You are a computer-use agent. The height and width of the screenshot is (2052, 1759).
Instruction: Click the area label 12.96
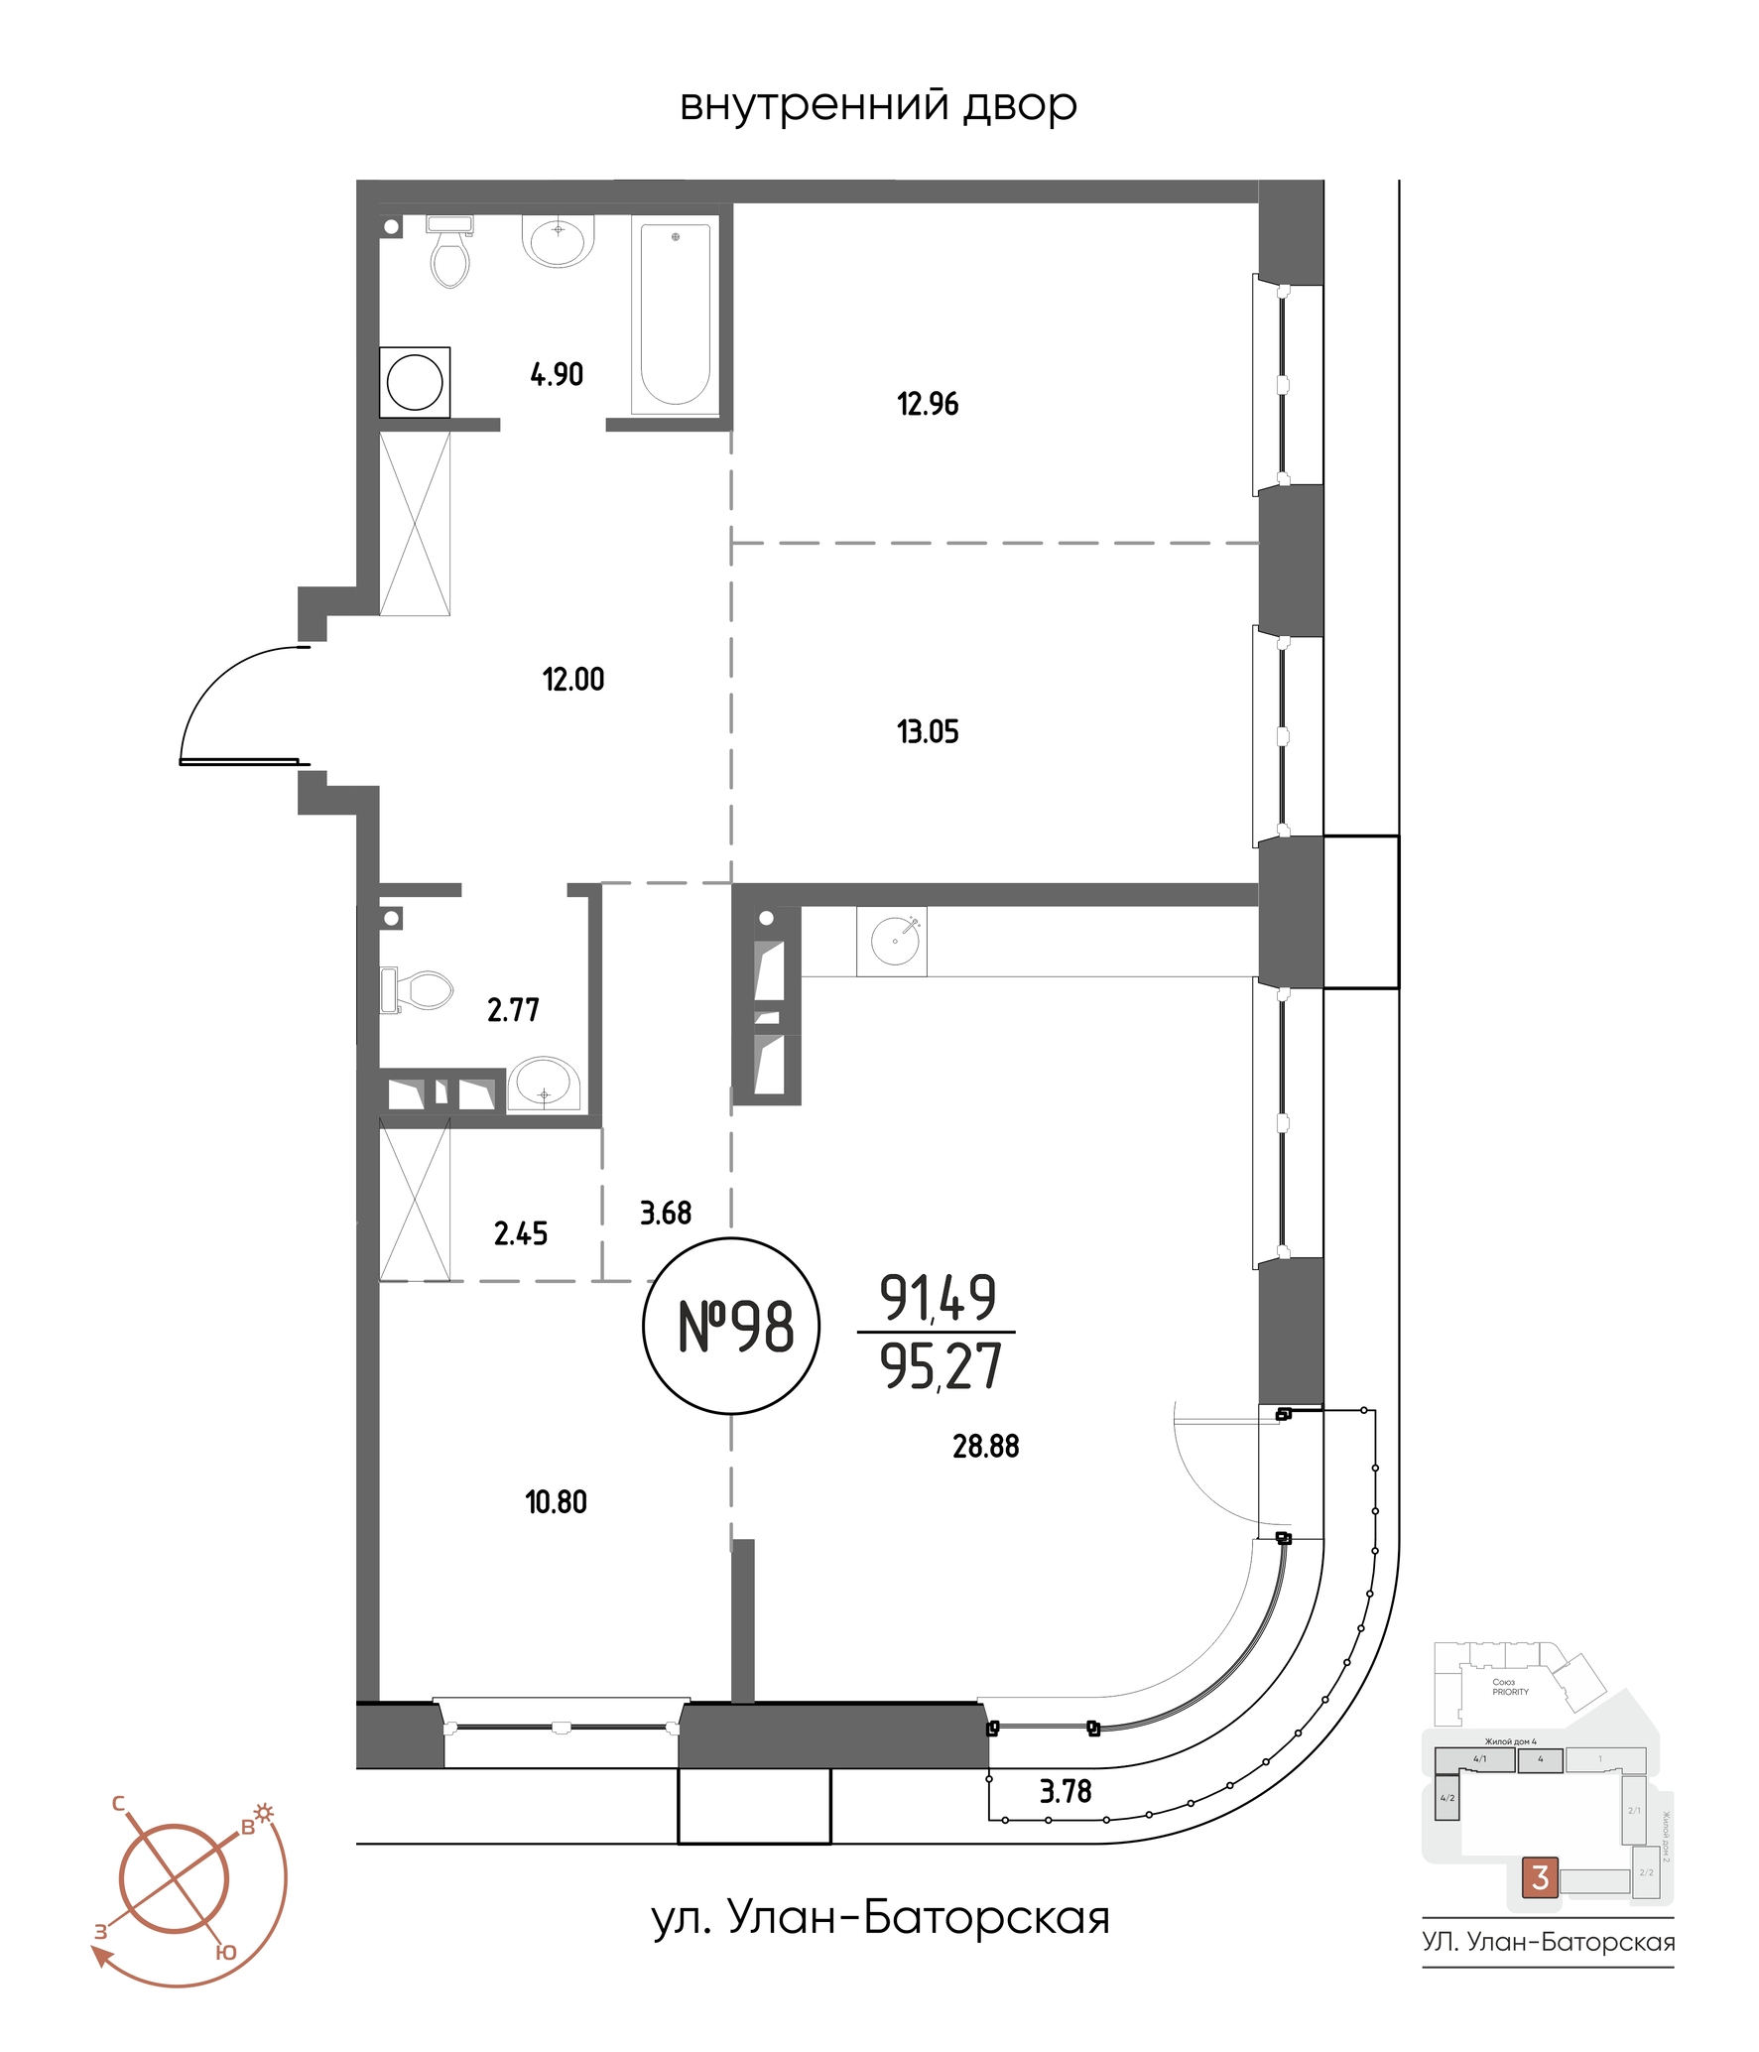tap(928, 405)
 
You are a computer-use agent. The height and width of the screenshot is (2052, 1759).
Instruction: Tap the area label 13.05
tap(928, 732)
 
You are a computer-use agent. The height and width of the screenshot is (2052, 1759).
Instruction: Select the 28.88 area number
tap(985, 1447)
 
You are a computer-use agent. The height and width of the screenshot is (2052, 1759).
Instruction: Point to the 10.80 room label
tap(556, 1502)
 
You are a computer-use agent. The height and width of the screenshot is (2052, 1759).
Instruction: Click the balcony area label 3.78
tap(1065, 1791)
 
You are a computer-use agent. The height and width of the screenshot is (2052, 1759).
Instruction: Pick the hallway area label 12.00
tap(572, 680)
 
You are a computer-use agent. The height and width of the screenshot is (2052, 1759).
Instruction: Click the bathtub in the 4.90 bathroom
tap(675, 316)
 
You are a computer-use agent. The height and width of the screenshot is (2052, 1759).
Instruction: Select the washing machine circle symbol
tap(415, 382)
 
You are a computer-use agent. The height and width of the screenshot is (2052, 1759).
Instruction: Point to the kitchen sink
tap(894, 940)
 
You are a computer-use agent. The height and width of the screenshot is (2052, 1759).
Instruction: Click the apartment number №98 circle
tap(732, 1326)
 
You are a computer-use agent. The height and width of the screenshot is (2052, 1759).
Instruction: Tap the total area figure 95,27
tap(941, 1367)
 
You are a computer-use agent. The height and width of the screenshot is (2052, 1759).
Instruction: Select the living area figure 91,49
tap(938, 1298)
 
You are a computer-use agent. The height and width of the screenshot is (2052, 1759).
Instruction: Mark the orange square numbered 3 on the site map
tap(1540, 1877)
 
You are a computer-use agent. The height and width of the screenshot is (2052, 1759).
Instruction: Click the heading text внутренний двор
tap(878, 105)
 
